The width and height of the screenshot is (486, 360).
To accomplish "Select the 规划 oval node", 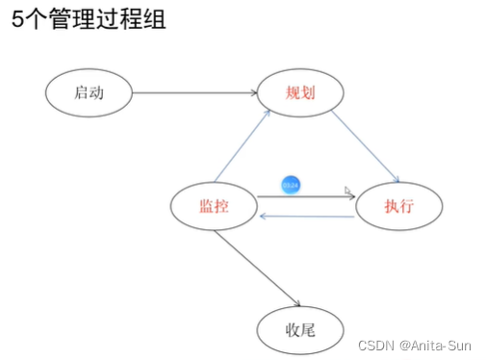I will [x=301, y=92].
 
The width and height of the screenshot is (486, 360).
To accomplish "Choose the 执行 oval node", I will [x=398, y=206].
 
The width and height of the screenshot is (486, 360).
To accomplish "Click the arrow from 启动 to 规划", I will [x=192, y=92].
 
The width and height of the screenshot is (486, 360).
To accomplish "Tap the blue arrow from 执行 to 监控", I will [x=308, y=217].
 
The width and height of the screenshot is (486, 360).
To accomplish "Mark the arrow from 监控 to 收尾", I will [x=254, y=270].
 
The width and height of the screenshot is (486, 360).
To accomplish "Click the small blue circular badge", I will [x=290, y=183].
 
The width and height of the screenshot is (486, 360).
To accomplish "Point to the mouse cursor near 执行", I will [x=349, y=192].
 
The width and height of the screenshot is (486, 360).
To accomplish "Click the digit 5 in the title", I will [x=16, y=20].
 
